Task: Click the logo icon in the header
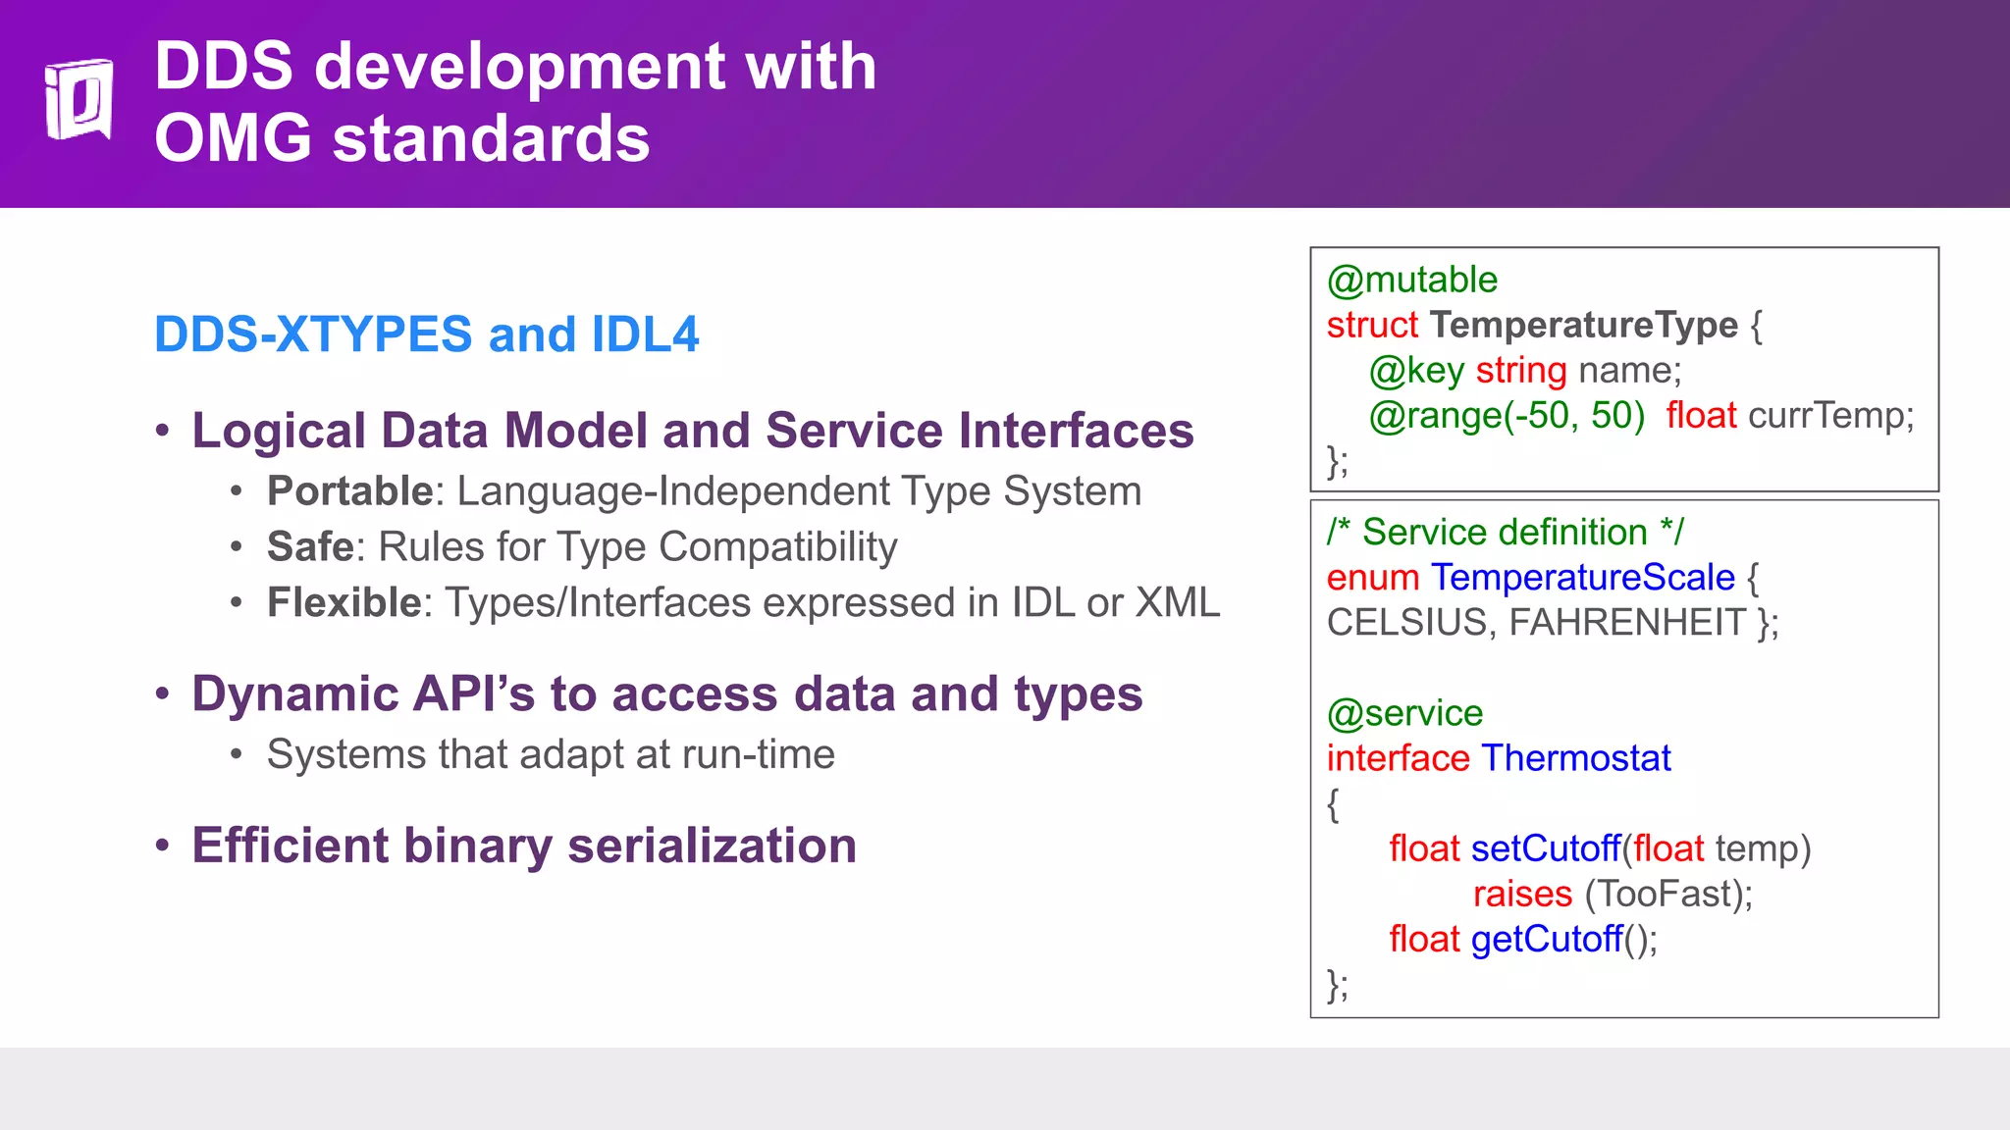point(79,99)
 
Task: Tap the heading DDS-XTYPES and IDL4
point(426,334)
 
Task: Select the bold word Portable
point(349,491)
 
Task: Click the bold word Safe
point(310,547)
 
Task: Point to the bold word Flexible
point(344,603)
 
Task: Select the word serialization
point(712,846)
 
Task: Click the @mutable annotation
point(1411,281)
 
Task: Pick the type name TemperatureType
point(1583,325)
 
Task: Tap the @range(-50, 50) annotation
point(1507,416)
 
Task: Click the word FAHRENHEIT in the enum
point(1627,623)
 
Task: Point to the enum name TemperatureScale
point(1582,578)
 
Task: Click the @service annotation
point(1404,713)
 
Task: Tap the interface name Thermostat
point(1575,758)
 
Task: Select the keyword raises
point(1522,895)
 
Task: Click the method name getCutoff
point(1546,940)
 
